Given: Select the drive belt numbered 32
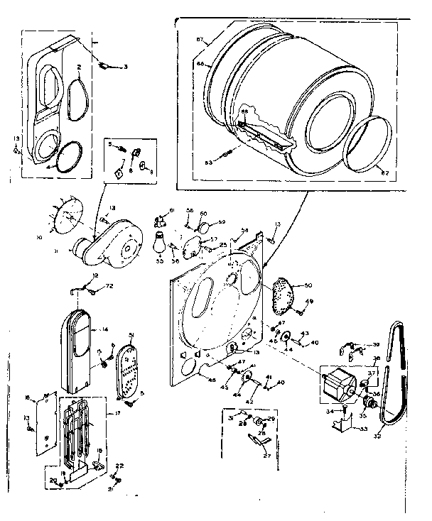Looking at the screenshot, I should click(392, 376).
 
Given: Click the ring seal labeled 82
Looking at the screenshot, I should click(369, 146).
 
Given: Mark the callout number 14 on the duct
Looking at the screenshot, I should click(104, 309).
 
